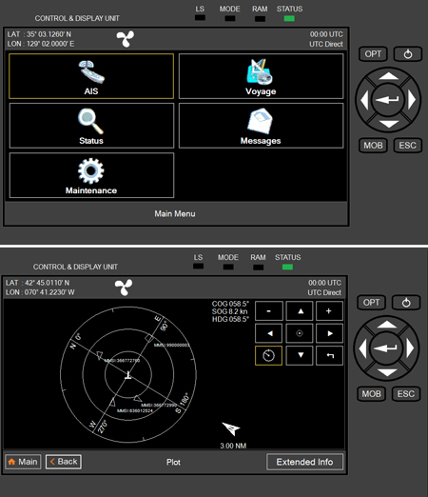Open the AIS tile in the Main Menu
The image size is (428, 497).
pos(91,76)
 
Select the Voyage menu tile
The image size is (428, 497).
pos(260,76)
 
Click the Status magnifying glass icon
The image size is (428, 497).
pos(91,125)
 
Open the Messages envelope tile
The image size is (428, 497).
pos(260,125)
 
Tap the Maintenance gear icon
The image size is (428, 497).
pos(91,175)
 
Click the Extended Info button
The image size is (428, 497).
pos(304,462)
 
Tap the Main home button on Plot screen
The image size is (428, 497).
pos(23,462)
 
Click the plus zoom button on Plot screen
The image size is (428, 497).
pos(328,311)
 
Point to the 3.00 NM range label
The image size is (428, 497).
pos(233,446)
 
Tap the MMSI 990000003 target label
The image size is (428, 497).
pos(174,345)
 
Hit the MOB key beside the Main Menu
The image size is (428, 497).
pos(373,145)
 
